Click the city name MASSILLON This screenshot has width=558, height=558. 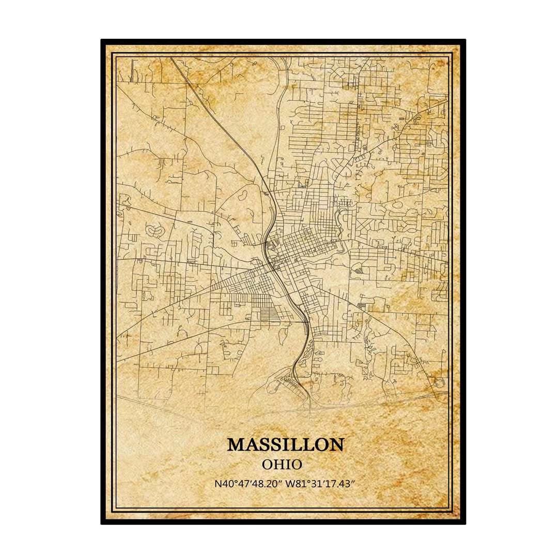click(x=285, y=444)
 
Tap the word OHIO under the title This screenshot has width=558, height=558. click(x=282, y=464)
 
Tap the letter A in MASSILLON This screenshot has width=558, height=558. click(x=252, y=444)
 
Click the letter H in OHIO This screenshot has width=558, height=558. click(x=277, y=464)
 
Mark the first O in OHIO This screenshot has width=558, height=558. click(x=267, y=464)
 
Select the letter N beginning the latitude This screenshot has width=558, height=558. click(x=217, y=484)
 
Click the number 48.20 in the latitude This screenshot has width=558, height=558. click(x=261, y=484)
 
